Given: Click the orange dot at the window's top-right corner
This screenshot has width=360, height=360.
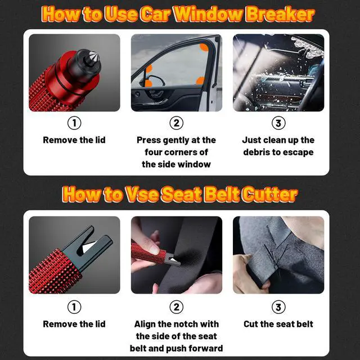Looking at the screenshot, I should pos(203,48).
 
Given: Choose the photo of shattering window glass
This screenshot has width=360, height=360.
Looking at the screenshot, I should pos(278,73).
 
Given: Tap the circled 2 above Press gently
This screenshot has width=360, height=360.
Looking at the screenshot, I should pos(176,123).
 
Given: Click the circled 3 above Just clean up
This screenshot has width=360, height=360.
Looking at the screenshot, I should pos(278,123).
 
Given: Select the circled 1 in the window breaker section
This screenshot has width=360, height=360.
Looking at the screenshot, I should pos(74,123).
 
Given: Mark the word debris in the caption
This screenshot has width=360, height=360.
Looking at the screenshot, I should pos(257,152).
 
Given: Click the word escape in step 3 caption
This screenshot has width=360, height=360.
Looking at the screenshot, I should pos(300,152).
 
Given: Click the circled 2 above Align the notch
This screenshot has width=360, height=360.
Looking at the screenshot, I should pos(176,307).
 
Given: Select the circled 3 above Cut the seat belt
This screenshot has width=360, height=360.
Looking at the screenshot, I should pos(278,307).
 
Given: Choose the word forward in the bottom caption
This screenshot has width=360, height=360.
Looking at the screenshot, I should pos(205,348).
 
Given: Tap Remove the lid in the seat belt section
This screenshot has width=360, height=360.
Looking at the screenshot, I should pos(74,324).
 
